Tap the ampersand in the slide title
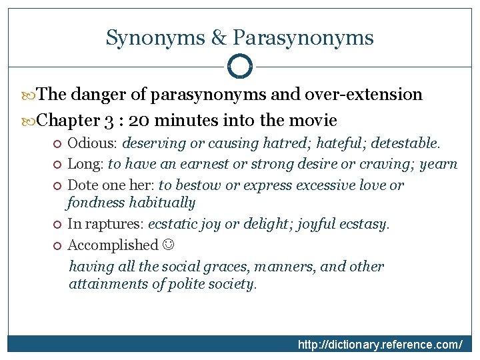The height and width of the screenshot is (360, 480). (219, 37)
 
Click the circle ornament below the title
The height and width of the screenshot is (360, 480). (240, 66)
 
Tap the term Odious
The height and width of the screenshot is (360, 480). (92, 143)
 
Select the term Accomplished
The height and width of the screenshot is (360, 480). (113, 245)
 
